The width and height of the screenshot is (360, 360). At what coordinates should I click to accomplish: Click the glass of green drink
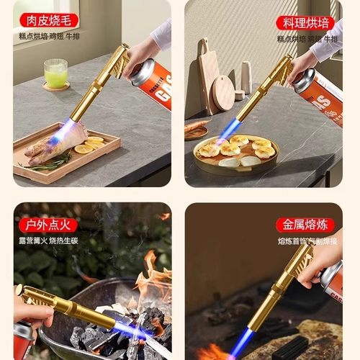click(x=55, y=73)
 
